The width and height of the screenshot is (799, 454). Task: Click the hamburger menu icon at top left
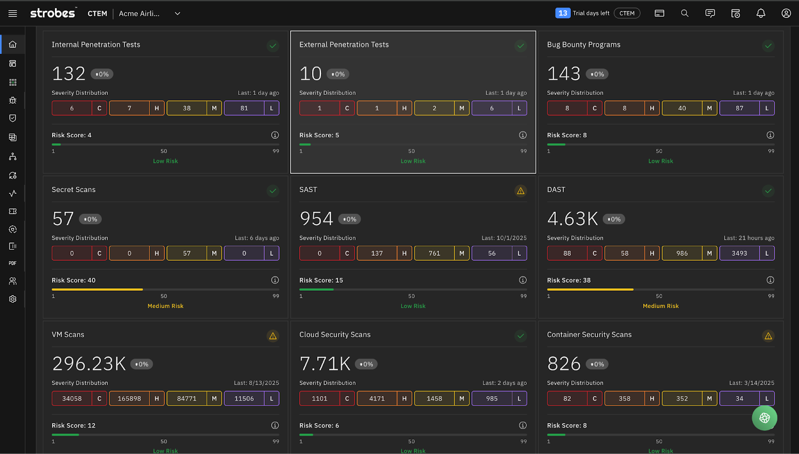(x=13, y=13)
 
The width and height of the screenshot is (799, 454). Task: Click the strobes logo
(x=53, y=13)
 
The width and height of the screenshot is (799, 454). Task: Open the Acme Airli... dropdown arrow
(x=177, y=13)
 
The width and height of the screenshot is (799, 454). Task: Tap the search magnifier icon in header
(x=685, y=13)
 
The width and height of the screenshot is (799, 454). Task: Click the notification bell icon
(x=761, y=13)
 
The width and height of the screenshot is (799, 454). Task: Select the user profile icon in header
(x=786, y=13)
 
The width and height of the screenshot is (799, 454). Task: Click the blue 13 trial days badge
(x=563, y=13)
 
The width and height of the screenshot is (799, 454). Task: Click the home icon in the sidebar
(x=13, y=44)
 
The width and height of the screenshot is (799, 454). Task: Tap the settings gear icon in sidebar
(x=13, y=299)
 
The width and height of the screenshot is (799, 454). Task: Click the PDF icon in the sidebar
(x=13, y=263)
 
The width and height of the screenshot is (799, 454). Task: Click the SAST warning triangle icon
(x=520, y=191)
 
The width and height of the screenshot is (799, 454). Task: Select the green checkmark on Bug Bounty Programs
(x=768, y=46)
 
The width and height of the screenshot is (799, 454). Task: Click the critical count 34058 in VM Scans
(x=72, y=399)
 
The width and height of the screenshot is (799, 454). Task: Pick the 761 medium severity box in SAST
(x=434, y=253)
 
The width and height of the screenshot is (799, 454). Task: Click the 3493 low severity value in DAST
(x=739, y=253)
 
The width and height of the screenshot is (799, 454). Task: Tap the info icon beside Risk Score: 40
(x=275, y=280)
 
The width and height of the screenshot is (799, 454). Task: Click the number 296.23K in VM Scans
(x=89, y=364)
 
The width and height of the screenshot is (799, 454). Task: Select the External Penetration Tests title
(x=344, y=44)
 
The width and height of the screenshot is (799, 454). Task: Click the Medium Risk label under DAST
(x=660, y=306)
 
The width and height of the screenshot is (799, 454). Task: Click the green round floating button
(x=764, y=418)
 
